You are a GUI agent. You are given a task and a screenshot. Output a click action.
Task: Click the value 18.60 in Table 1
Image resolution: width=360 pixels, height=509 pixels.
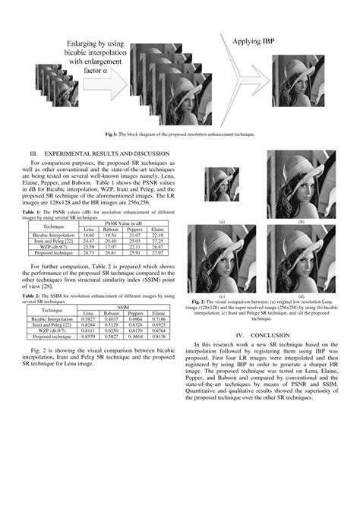point(89,236)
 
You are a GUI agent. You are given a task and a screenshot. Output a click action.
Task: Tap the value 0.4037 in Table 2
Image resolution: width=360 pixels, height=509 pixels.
point(112,319)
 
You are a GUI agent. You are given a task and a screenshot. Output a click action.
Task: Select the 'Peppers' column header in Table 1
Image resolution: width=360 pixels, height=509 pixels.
point(135,229)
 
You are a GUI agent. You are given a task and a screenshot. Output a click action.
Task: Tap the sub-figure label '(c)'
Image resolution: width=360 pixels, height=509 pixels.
point(223,295)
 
